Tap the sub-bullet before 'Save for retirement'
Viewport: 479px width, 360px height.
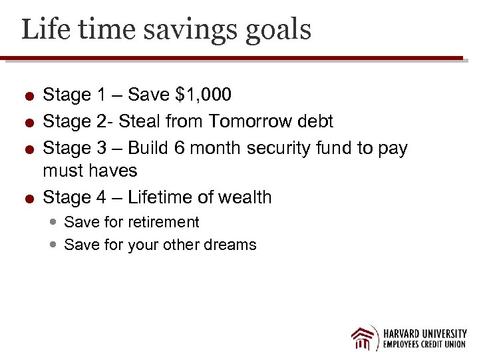coord(54,222)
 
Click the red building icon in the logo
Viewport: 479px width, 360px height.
coord(365,338)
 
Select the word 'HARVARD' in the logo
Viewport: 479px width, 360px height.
coord(405,333)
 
